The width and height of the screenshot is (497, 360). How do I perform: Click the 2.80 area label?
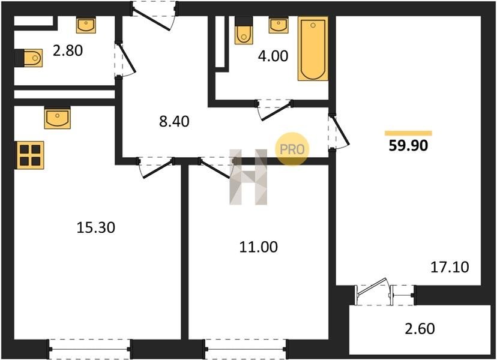click(68, 50)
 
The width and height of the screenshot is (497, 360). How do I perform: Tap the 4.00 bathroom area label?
click(273, 56)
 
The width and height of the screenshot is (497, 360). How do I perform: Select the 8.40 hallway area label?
click(174, 121)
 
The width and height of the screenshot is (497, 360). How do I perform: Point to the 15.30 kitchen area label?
click(95, 227)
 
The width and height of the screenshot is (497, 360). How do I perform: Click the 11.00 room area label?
click(258, 247)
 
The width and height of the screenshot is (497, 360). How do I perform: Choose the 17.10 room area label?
click(450, 267)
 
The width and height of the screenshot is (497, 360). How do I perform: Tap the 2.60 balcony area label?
click(420, 329)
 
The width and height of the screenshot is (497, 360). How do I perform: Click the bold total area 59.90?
click(408, 145)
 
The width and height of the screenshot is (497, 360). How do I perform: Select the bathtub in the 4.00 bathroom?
click(313, 49)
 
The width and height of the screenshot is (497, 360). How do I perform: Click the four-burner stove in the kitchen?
click(30, 155)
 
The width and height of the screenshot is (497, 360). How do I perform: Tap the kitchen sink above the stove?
click(58, 118)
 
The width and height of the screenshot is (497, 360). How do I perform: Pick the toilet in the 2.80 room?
click(29, 58)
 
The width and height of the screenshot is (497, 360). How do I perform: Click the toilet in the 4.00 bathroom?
click(244, 31)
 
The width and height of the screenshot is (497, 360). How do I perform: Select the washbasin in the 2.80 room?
click(86, 25)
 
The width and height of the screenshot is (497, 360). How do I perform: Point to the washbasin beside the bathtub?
click(279, 25)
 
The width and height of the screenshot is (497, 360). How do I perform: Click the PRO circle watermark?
click(292, 149)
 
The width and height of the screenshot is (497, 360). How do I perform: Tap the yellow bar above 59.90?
click(408, 133)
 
